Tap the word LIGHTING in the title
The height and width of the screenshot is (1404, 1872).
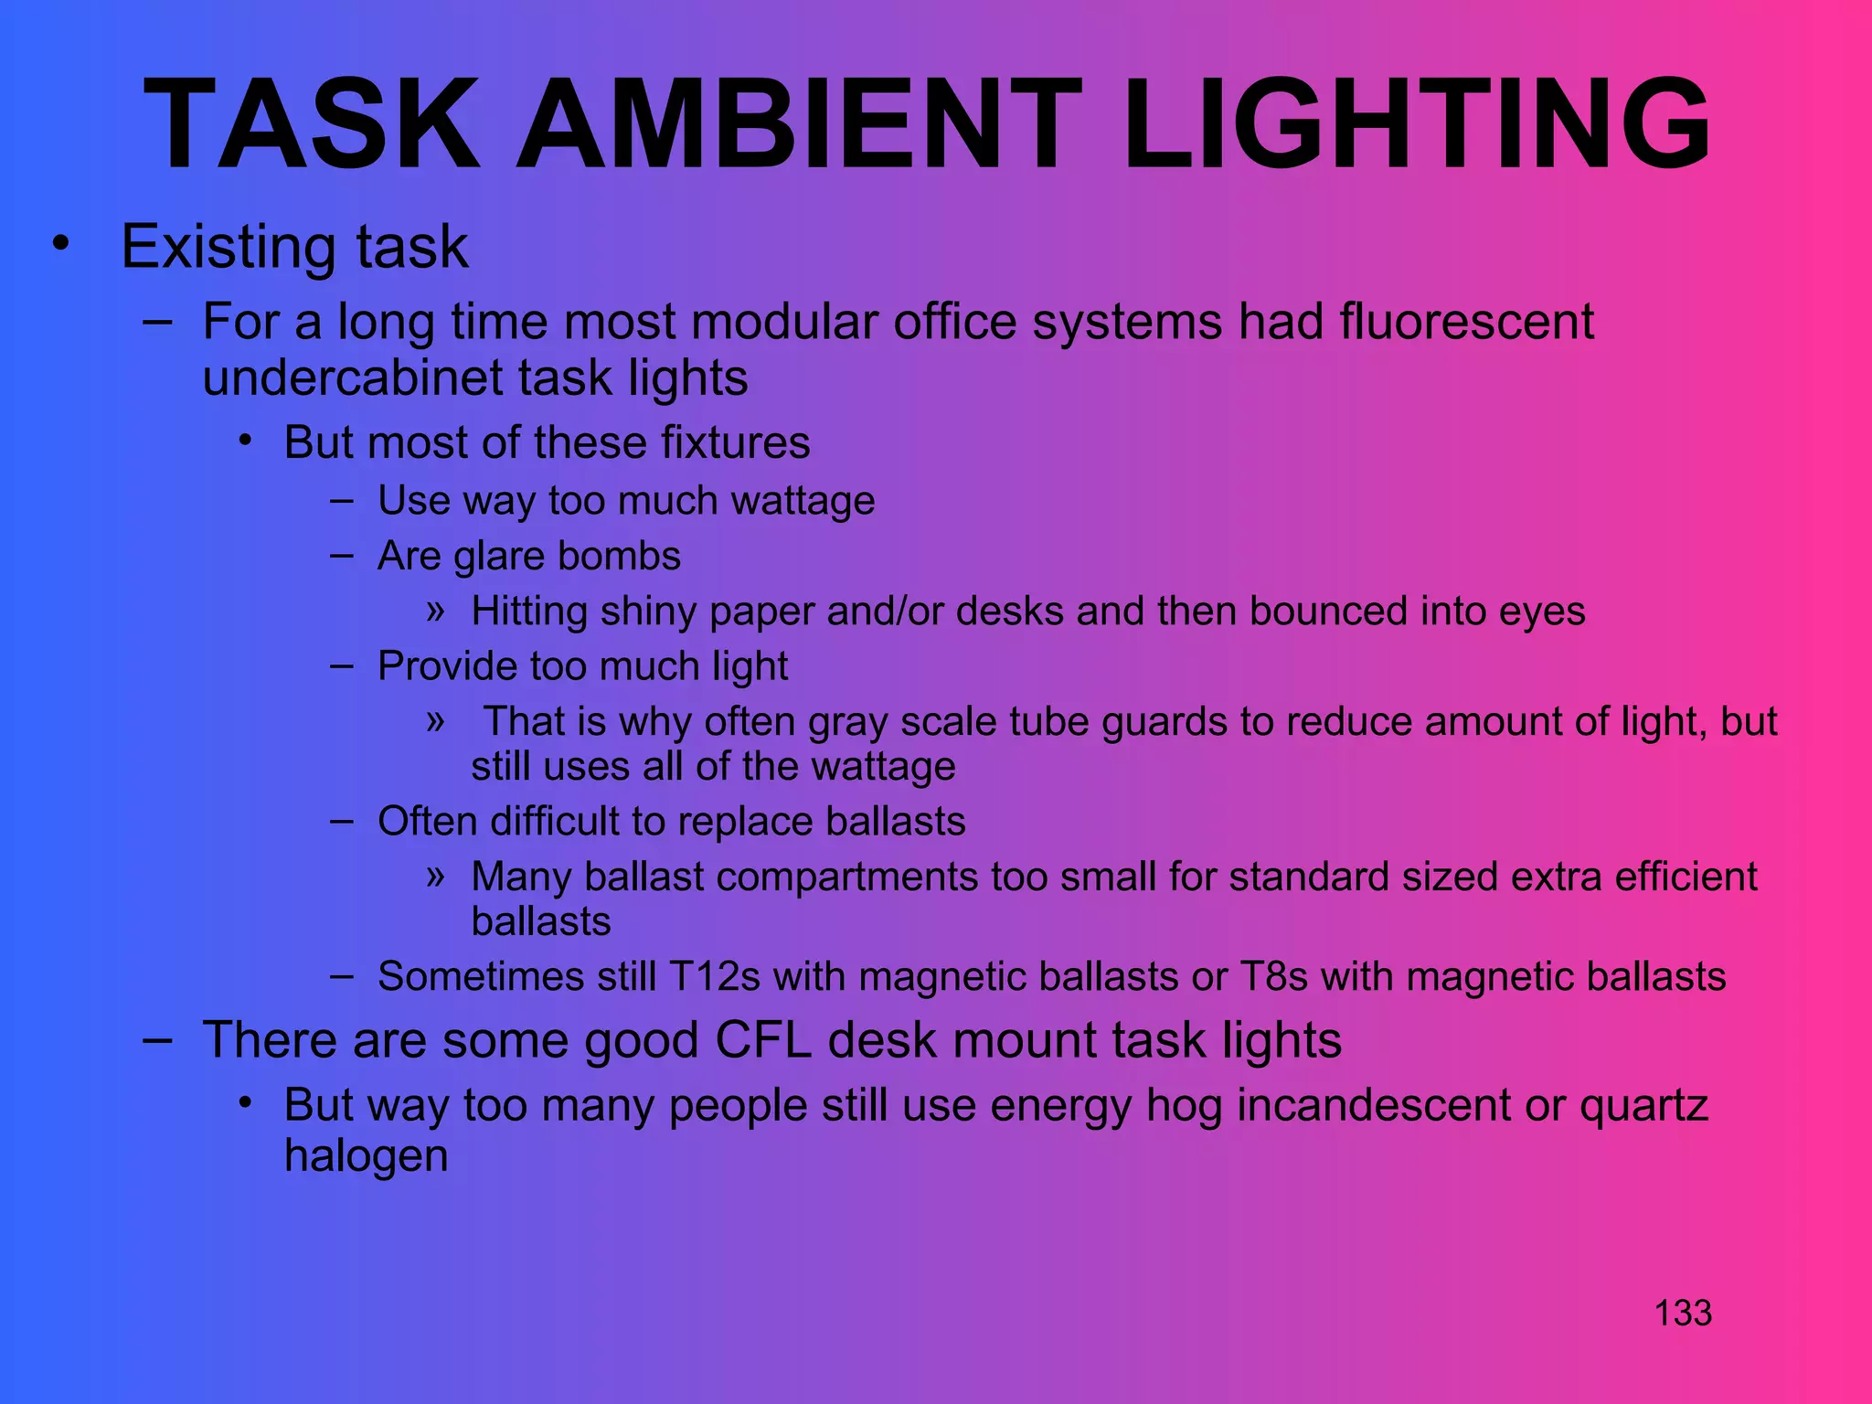(x=1416, y=124)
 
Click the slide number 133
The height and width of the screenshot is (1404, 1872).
(x=1683, y=1314)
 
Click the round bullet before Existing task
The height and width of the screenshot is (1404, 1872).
(x=60, y=244)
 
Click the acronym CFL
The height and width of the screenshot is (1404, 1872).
(x=764, y=1040)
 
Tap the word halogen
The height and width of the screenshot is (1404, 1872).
(x=366, y=1155)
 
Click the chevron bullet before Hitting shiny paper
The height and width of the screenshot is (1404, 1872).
(x=435, y=610)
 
